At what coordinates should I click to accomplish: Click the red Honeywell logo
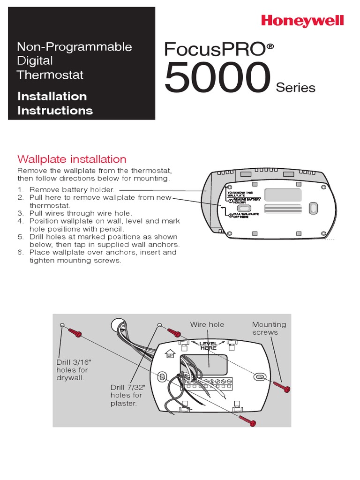[302, 21]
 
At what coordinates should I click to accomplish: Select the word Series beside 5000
[295, 88]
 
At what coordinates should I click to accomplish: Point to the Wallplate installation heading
[72, 159]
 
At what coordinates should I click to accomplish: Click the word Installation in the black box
[52, 97]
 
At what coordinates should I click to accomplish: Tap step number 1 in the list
[21, 189]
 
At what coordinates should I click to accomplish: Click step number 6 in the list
[21, 252]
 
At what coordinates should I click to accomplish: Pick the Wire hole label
[207, 324]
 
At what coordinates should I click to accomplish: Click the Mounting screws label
[269, 328]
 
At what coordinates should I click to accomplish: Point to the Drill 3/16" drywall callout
[71, 370]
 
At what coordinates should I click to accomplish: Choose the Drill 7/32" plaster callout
[126, 395]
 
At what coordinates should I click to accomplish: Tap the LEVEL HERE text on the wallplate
[209, 346]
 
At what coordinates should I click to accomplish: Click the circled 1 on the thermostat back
[231, 201]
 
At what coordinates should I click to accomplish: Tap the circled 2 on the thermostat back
[231, 215]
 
